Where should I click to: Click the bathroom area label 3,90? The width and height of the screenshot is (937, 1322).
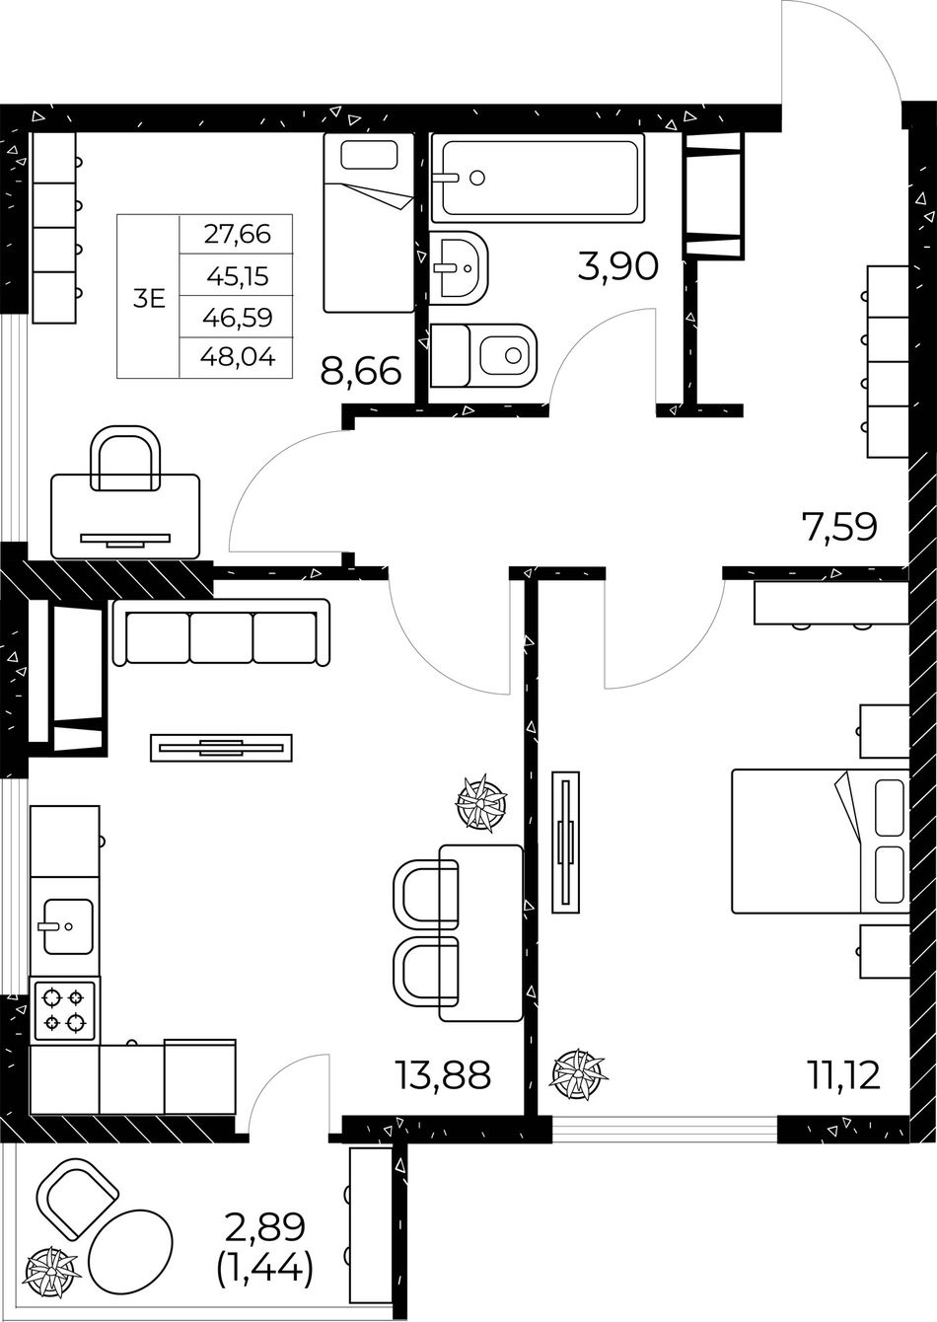click(618, 266)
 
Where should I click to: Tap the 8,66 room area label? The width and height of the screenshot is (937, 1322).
click(361, 371)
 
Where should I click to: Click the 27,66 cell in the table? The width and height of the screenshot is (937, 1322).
click(237, 235)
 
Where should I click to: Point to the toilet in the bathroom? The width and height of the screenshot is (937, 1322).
click(484, 356)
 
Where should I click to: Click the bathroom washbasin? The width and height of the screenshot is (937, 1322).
click(459, 268)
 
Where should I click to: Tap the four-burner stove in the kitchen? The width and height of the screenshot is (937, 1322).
click(65, 1010)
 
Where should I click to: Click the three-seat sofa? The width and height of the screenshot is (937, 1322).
click(221, 632)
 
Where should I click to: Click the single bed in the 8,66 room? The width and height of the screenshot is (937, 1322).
click(369, 223)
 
